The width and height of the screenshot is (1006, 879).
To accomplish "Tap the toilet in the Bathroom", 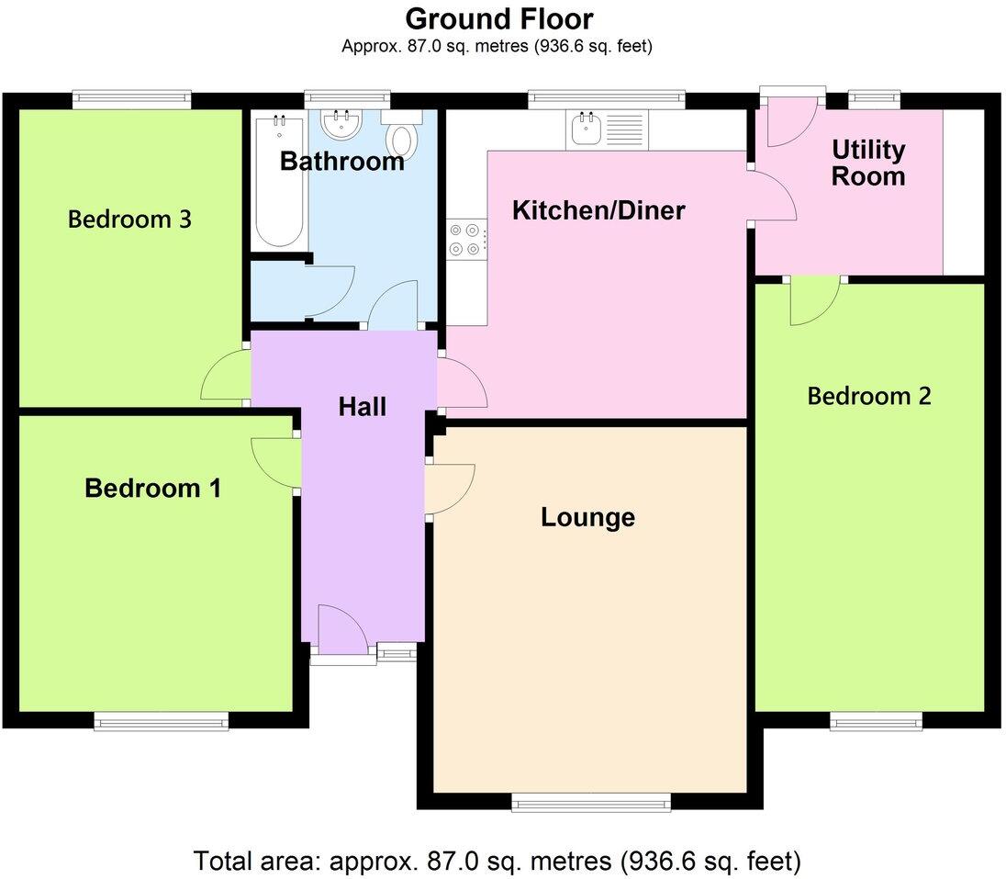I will click(x=401, y=137).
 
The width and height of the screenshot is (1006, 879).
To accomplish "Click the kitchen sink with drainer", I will click(x=607, y=130).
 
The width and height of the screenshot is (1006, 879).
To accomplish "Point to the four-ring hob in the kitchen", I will click(x=466, y=239).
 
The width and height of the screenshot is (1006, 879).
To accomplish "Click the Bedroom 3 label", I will click(x=129, y=220).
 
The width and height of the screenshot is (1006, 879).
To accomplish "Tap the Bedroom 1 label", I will click(x=152, y=488).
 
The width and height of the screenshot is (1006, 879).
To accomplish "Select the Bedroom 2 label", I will click(x=868, y=396).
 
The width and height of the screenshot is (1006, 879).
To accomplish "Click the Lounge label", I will click(x=587, y=517).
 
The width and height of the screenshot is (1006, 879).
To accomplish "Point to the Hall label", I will click(x=362, y=407).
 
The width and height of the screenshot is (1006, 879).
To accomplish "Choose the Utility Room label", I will click(x=867, y=163).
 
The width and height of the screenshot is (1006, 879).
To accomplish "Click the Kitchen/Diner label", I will click(x=598, y=210).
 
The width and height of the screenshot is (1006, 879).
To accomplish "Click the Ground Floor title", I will click(x=499, y=18).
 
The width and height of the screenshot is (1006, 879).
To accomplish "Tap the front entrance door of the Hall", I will click(x=341, y=633).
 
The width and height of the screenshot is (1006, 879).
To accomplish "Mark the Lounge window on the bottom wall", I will click(x=591, y=805).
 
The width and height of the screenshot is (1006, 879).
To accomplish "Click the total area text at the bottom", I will click(x=497, y=862).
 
